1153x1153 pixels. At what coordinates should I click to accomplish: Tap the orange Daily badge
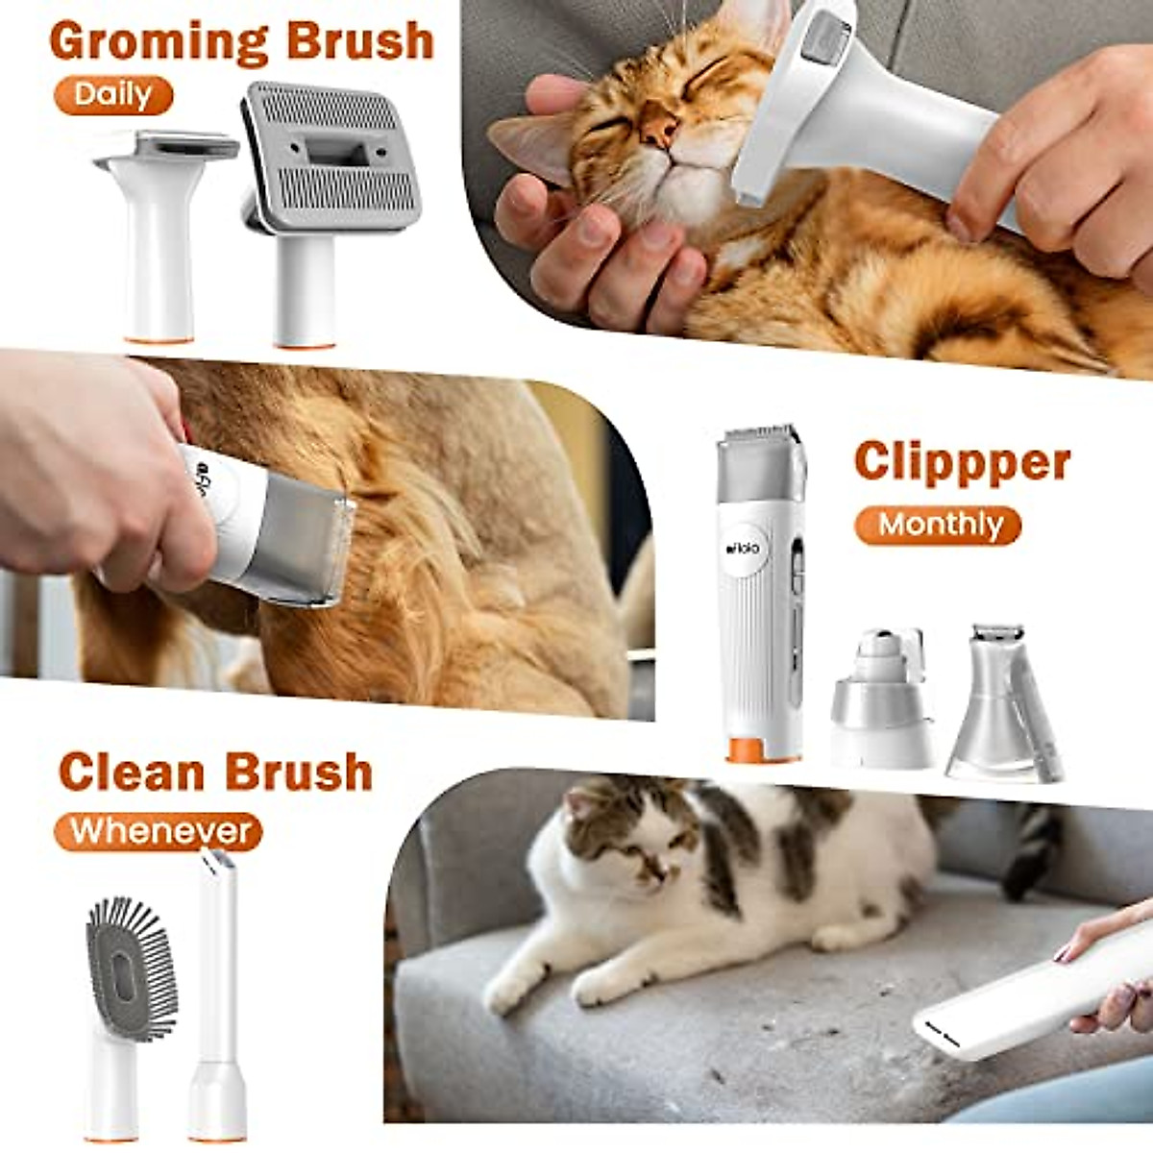pyautogui.click(x=113, y=95)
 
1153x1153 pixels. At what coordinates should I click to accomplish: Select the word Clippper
pyautogui.click(x=962, y=462)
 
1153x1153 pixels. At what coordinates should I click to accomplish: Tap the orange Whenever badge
pyautogui.click(x=159, y=831)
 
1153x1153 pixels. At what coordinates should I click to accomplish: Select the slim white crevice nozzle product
pyautogui.click(x=217, y=990)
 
